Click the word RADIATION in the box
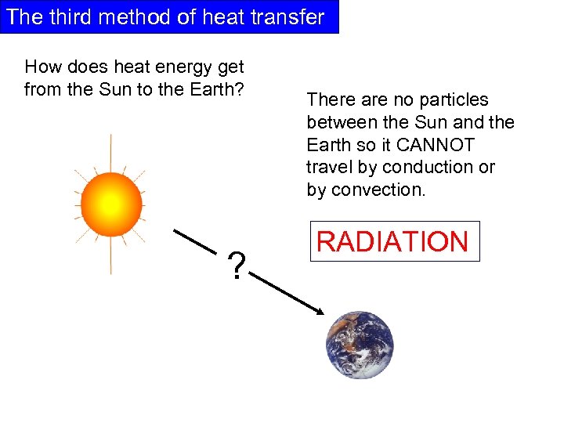tap(392, 241)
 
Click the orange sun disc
tap(110, 204)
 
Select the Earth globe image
tap(360, 345)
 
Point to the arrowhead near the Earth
tap(319, 312)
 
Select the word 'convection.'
tap(378, 190)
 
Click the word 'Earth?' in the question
tap(219, 89)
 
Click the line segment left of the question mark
tap(193, 240)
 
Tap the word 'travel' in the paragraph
tap(328, 168)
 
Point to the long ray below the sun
tap(111, 255)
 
